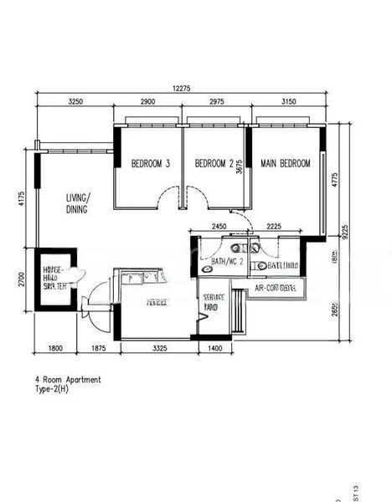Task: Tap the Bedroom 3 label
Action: click(151, 164)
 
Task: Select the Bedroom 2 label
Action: click(214, 164)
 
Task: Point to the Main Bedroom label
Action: click(285, 163)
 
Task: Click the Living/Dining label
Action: click(81, 204)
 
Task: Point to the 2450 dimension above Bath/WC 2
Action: click(219, 226)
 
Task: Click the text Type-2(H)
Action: click(52, 390)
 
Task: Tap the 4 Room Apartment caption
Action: click(68, 380)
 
